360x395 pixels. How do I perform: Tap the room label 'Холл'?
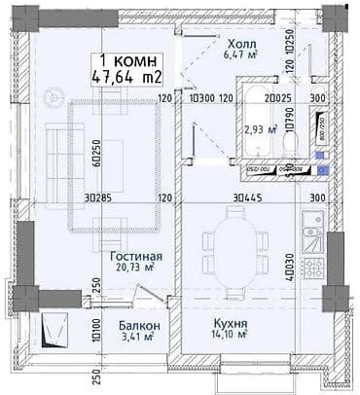pos(241,45)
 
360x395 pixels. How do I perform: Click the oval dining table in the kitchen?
pos(234,252)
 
